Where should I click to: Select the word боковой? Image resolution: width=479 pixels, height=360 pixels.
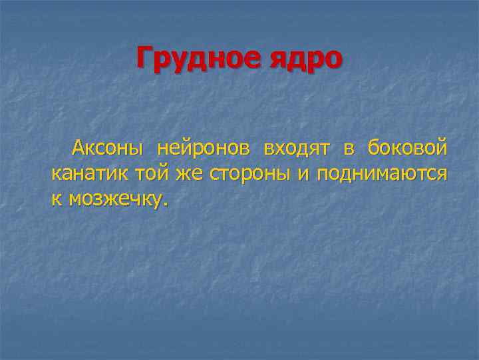click(x=407, y=149)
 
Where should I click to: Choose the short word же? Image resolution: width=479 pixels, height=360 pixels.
click(x=190, y=174)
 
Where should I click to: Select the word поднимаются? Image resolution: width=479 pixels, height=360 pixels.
click(x=382, y=174)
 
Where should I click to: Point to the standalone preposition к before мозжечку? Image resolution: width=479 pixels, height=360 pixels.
click(x=56, y=199)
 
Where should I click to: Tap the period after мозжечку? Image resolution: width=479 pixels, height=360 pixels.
click(x=166, y=204)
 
